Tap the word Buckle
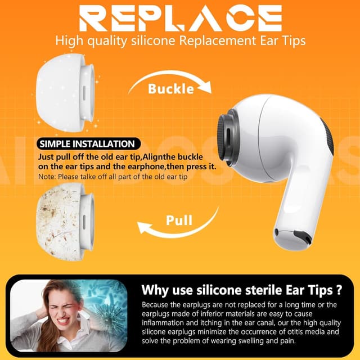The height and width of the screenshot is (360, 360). pyautogui.click(x=171, y=89)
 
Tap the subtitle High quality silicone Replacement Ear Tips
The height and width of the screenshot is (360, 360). pyautogui.click(x=180, y=40)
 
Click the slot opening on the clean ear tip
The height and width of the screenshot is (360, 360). pyautogui.click(x=85, y=90)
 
